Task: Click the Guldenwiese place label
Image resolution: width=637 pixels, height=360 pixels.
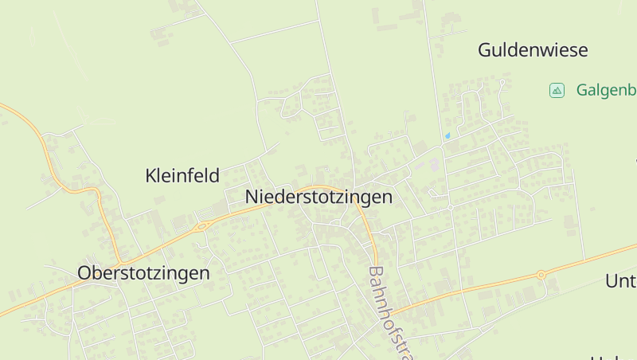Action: (x=533, y=50)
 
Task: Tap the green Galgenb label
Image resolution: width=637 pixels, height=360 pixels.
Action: (x=604, y=90)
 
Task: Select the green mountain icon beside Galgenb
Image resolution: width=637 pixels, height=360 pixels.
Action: (x=557, y=90)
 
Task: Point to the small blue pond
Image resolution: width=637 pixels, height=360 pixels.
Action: (x=447, y=135)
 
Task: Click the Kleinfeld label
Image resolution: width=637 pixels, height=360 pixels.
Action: (x=182, y=176)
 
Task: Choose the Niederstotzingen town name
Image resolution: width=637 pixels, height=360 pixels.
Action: (x=318, y=197)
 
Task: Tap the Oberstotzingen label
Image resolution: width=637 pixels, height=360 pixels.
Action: (x=143, y=273)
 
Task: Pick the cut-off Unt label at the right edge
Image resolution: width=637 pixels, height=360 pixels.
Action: (x=620, y=281)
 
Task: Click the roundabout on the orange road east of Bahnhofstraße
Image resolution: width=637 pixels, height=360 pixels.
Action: (x=541, y=275)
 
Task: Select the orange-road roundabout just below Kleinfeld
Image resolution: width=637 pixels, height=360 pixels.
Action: (x=201, y=226)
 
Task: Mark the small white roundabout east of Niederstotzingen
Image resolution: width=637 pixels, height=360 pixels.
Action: (x=450, y=207)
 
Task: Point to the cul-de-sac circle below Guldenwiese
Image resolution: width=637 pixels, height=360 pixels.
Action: (x=503, y=81)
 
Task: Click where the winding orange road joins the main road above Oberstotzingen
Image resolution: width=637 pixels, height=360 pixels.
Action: (x=121, y=264)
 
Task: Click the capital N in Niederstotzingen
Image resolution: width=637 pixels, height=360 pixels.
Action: (x=252, y=197)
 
